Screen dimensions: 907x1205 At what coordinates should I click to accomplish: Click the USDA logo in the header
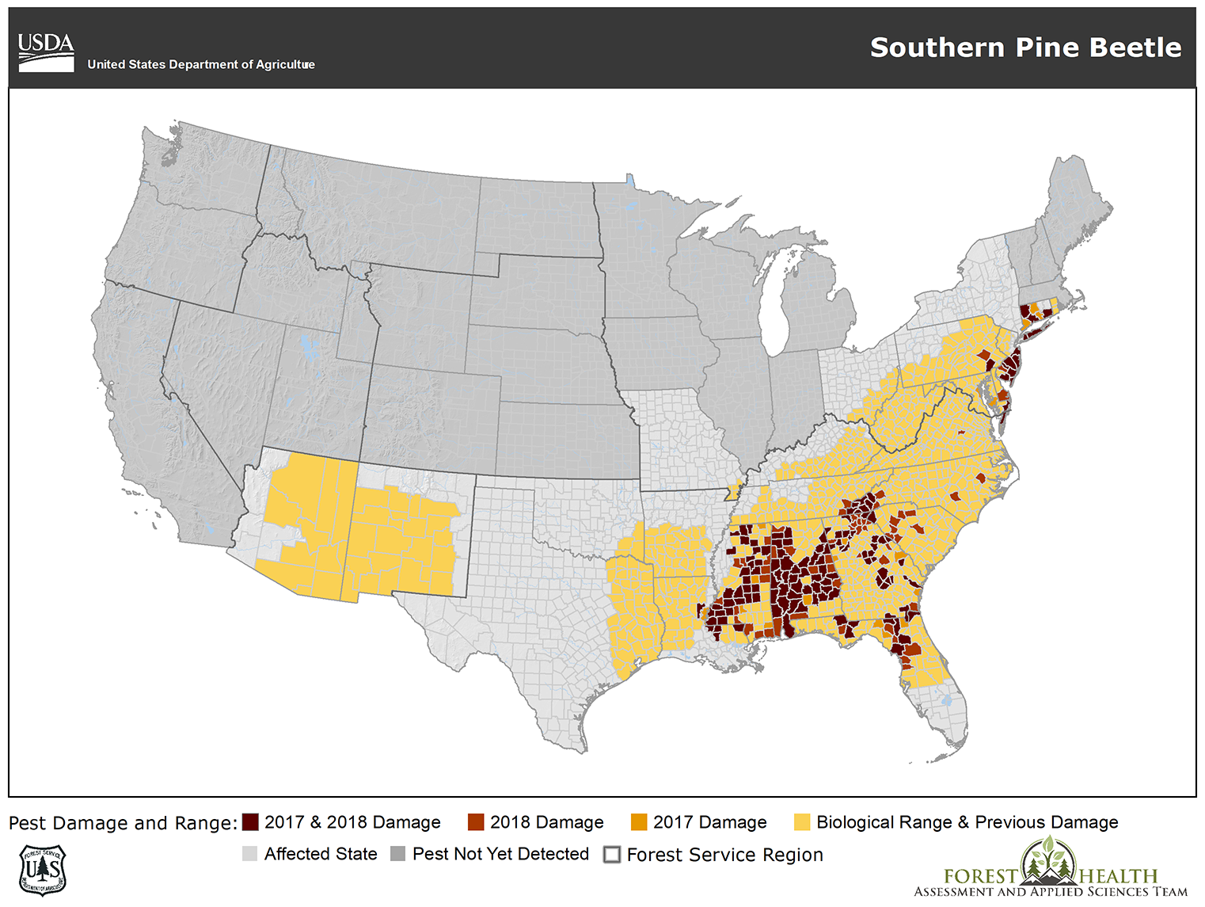(x=46, y=52)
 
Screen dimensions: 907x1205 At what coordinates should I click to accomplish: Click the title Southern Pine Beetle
(x=1025, y=48)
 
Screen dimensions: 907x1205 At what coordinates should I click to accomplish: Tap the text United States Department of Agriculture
(x=201, y=65)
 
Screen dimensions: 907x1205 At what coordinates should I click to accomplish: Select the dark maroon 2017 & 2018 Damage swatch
(x=250, y=822)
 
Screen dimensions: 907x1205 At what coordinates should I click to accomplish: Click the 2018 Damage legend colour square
(x=475, y=822)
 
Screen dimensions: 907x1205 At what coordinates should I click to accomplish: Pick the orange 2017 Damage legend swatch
(x=639, y=822)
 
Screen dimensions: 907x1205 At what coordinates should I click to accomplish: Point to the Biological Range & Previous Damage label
(x=967, y=822)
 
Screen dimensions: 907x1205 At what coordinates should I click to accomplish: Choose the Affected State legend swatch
(x=250, y=854)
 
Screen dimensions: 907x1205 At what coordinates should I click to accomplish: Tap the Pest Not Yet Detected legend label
(x=500, y=854)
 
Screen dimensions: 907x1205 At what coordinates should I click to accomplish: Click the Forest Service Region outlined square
(x=612, y=855)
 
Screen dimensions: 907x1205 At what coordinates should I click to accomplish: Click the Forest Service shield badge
(x=42, y=870)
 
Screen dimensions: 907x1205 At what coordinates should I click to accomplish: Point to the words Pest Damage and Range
(x=123, y=823)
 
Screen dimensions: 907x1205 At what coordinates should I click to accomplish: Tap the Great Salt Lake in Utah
(x=306, y=346)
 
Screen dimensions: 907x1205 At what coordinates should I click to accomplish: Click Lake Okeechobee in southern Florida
(x=946, y=701)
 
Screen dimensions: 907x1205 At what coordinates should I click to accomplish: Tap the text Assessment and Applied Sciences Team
(x=1051, y=892)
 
